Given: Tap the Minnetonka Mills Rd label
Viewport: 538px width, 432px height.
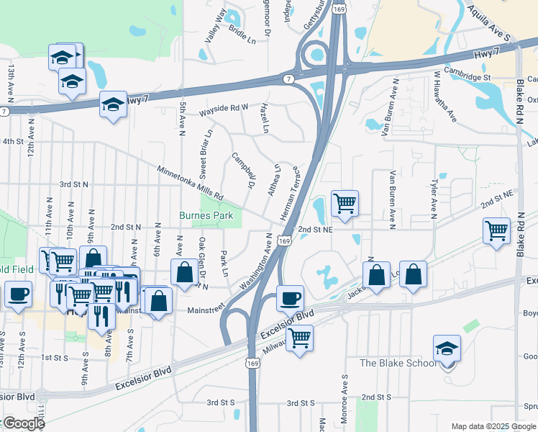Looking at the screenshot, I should click(191, 182).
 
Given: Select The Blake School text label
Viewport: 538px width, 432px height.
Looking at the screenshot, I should click(398, 363).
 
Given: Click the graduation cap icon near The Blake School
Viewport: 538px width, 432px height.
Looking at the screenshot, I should click(447, 348).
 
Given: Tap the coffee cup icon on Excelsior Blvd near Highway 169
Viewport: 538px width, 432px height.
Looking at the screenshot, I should click(290, 297).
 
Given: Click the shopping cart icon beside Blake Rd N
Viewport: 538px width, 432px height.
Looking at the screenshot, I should click(496, 231).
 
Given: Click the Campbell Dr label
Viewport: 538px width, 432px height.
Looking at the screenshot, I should click(244, 170).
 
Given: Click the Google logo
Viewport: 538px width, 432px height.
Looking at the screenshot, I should click(23, 423).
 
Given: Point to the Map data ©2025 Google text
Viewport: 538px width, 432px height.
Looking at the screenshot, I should click(492, 426).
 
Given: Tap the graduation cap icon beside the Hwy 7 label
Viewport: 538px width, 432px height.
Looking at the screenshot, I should click(112, 105).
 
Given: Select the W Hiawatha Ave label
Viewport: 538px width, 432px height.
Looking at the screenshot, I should click(445, 96).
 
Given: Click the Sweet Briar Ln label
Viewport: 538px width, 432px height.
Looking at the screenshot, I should click(206, 155).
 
